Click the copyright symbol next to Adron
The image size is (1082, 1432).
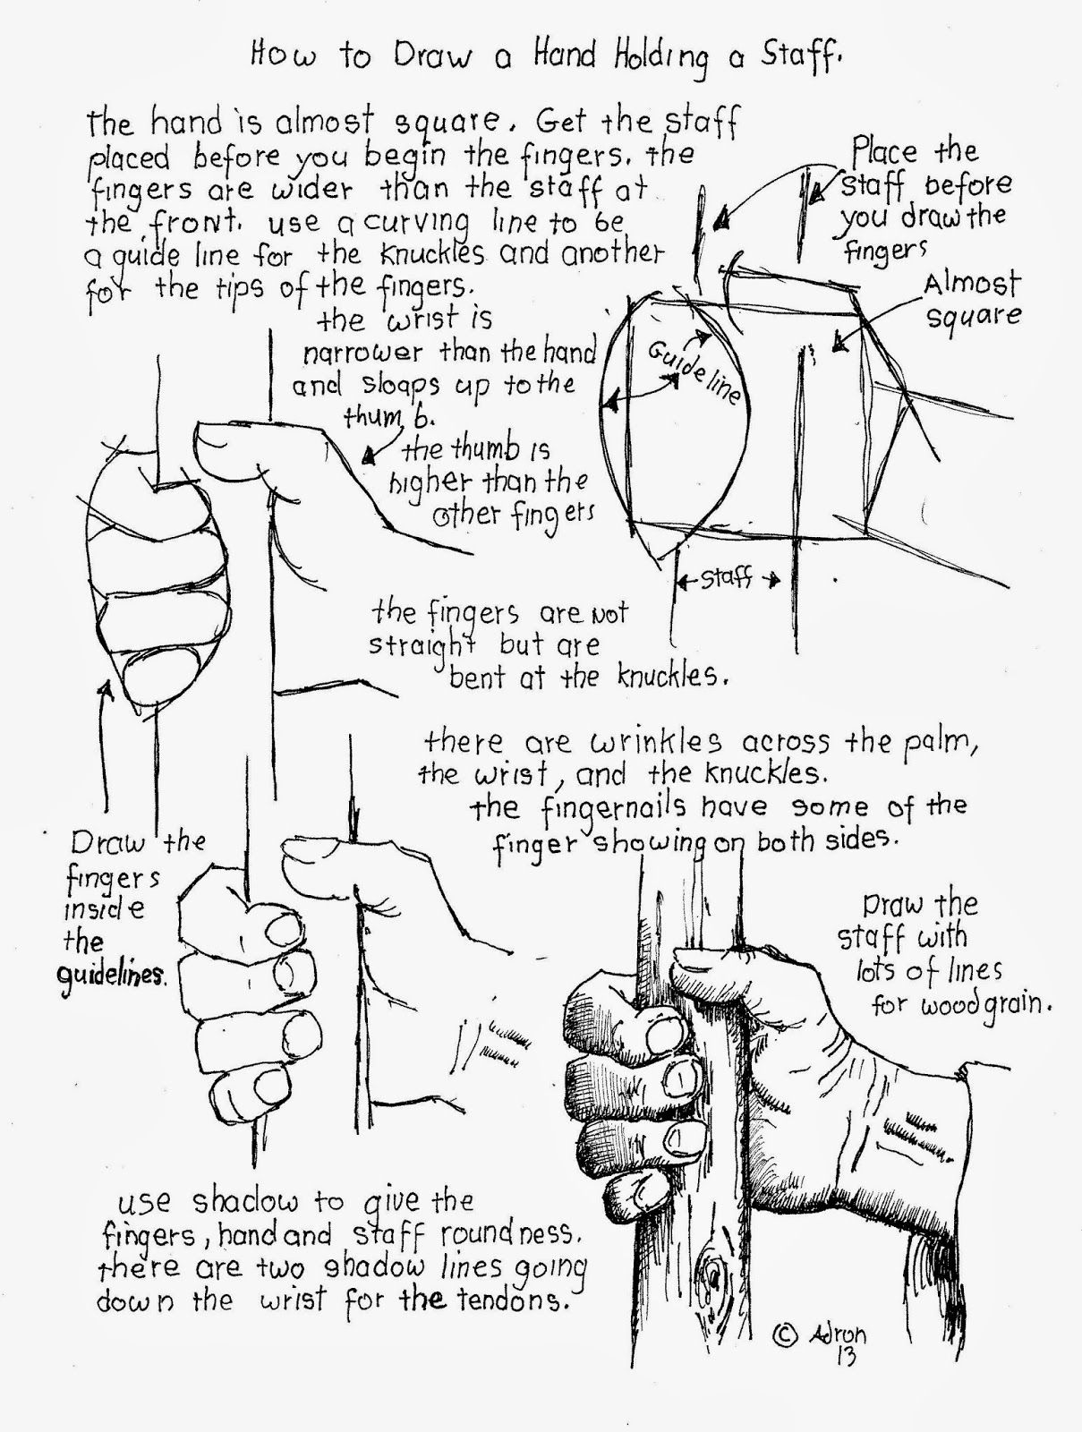tap(783, 1334)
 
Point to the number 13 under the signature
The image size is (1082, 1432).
tap(843, 1357)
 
